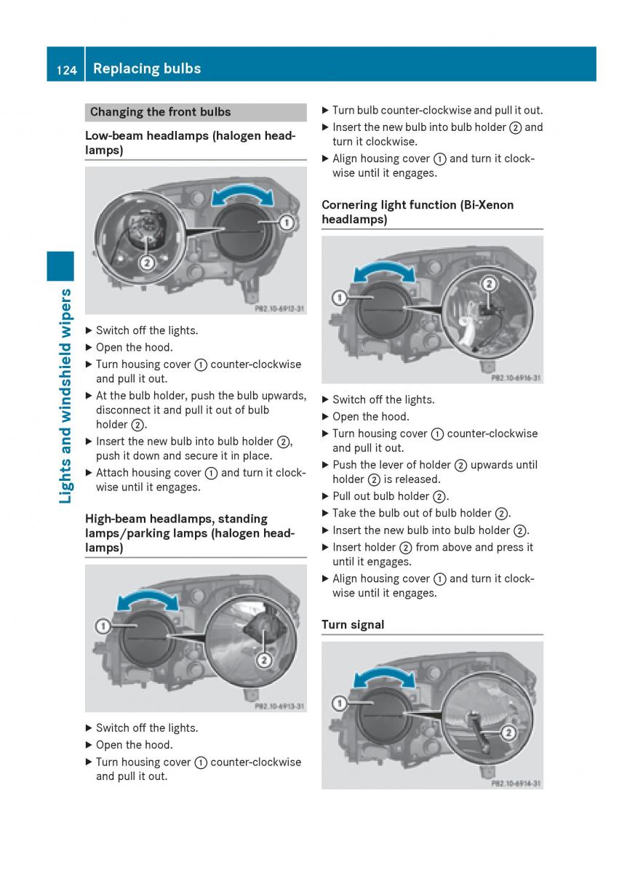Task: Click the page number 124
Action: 65,70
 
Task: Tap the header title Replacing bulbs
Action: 147,69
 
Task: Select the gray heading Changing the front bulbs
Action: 160,112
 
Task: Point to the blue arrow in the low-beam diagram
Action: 242,196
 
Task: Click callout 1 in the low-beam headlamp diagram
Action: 287,223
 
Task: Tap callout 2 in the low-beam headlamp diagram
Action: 146,262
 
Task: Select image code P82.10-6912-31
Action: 279,309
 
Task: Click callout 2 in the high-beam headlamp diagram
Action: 264,660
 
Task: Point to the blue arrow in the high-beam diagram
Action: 148,602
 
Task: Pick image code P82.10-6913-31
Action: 279,706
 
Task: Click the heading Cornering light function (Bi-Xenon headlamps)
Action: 418,212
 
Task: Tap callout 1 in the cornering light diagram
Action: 339,297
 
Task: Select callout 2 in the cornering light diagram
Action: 489,284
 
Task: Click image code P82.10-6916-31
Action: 516,378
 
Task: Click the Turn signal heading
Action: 353,624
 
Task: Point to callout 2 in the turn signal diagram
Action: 508,732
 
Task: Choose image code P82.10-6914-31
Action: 516,784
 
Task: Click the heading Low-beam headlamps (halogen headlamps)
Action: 190,143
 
